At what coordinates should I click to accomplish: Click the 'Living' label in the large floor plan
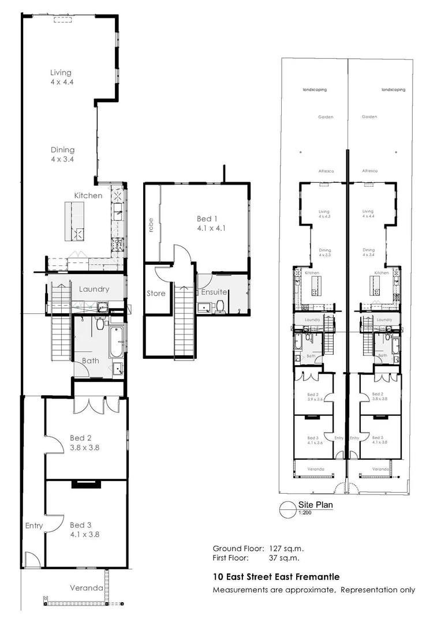coord(61,73)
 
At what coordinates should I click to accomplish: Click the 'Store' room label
coord(155,294)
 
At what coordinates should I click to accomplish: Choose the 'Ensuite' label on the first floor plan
coord(214,292)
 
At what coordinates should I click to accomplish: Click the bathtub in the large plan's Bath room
coord(115,343)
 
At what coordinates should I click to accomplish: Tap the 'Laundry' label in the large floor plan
coord(91,290)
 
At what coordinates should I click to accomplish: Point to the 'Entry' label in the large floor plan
coord(34,526)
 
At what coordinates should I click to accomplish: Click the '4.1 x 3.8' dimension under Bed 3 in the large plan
coord(84,534)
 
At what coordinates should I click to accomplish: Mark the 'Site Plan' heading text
coord(316,504)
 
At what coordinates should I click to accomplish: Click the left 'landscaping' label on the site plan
coord(315,90)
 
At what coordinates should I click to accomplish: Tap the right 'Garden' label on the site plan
coord(369,117)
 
